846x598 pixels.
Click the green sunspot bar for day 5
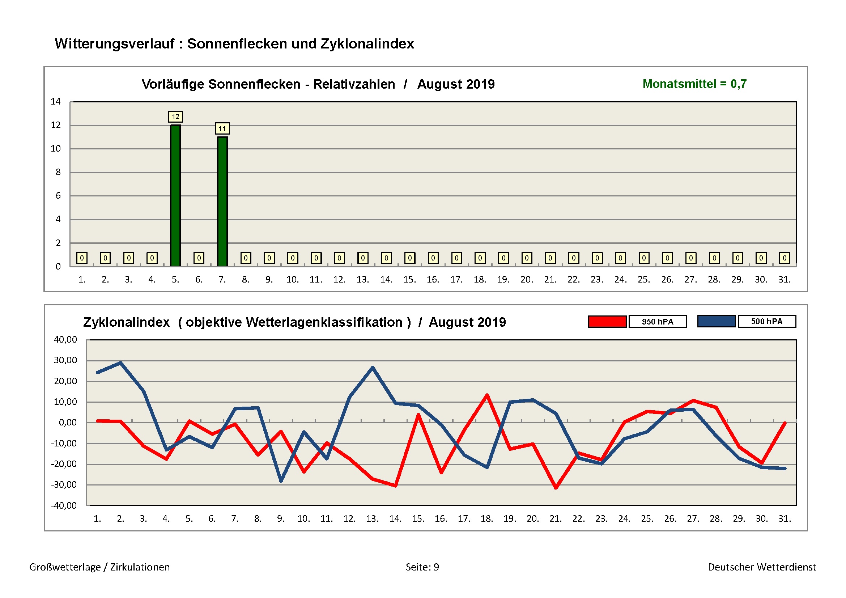pos(175,195)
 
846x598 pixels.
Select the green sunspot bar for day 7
pos(222,201)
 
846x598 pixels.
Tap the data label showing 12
pos(175,117)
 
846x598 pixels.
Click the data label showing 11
pos(222,128)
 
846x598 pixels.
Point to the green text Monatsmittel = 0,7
pos(694,84)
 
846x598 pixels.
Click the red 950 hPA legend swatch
pos(607,322)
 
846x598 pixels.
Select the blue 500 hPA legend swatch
pos(716,321)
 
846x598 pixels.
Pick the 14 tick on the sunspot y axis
pos(56,102)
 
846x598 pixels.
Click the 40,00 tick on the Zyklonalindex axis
pos(65,340)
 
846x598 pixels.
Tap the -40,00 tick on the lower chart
pos(64,505)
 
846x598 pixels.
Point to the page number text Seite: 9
pos(422,567)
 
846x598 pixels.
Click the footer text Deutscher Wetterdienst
pos(762,567)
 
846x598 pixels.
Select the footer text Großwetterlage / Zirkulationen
pos(99,567)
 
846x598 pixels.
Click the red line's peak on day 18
pos(487,395)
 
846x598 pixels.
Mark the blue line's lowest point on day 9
pos(281,481)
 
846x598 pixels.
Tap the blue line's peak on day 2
pos(120,362)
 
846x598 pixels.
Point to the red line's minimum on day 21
pos(556,488)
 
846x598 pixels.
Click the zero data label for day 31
pos(785,258)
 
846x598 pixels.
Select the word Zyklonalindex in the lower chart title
pos(126,322)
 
